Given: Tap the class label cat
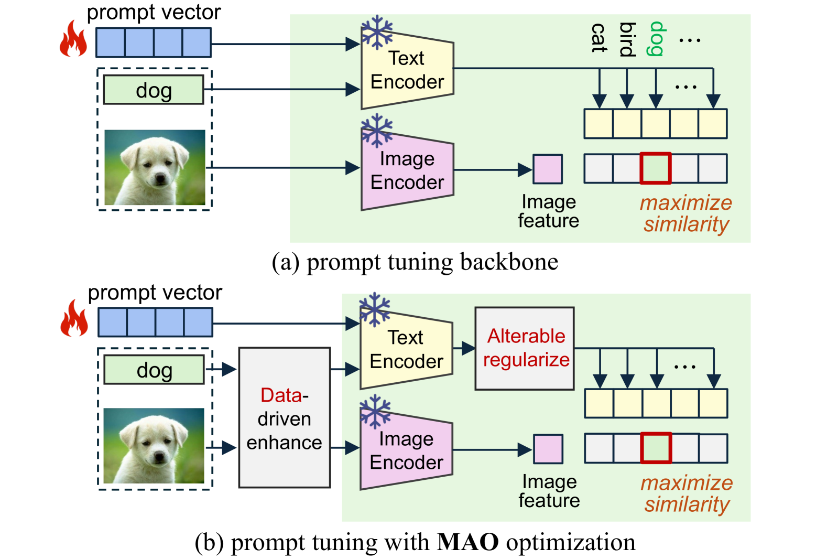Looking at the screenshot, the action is click(599, 38).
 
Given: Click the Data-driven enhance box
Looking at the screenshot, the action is click(284, 417).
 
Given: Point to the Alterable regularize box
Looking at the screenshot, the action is click(525, 348).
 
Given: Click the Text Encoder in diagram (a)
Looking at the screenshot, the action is click(407, 70).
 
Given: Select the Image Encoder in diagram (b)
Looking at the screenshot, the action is click(407, 450).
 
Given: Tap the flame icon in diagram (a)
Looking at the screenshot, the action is click(73, 39).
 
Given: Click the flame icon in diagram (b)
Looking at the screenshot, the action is click(74, 318).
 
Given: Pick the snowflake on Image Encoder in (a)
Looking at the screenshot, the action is click(377, 131).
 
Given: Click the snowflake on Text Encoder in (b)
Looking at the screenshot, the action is click(375, 309).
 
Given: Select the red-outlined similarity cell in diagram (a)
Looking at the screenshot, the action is click(656, 168).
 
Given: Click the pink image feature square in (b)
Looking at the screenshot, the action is click(548, 449).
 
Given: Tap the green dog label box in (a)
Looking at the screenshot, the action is click(154, 90).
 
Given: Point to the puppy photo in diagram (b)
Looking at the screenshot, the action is click(154, 446).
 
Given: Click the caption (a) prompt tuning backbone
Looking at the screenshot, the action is click(415, 263).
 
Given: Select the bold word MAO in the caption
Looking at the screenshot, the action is click(468, 542).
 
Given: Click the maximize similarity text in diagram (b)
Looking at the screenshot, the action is click(687, 494).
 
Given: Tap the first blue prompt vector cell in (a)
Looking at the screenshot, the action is click(111, 42).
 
